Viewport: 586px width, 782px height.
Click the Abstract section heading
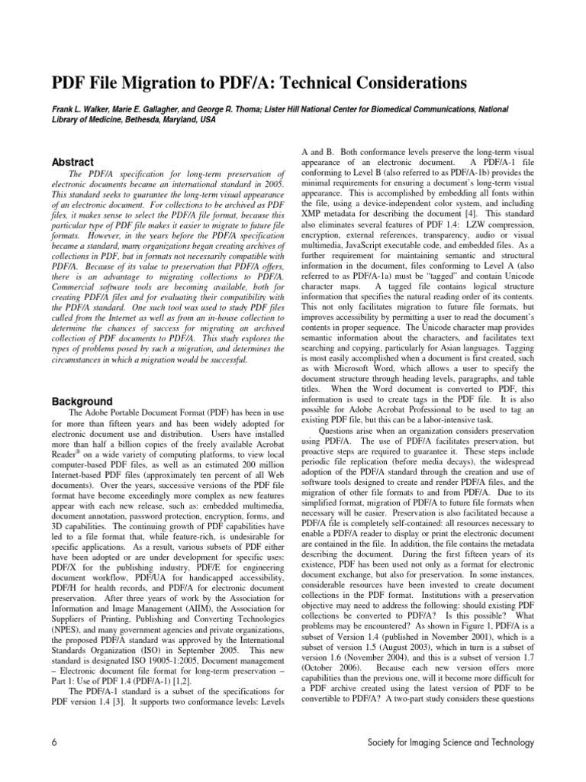[72, 162]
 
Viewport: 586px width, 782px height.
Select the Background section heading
[81, 401]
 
